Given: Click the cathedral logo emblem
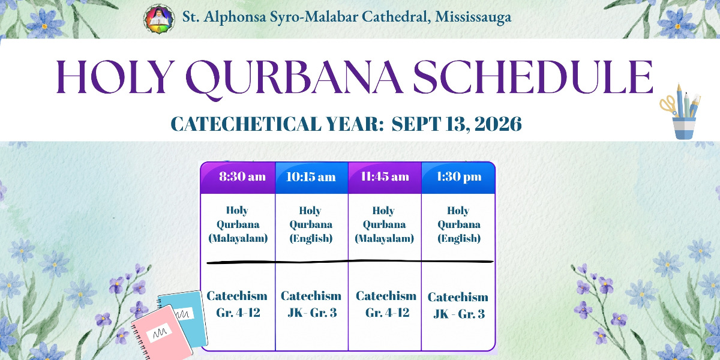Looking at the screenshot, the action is (x=160, y=19).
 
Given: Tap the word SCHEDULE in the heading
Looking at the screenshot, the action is (x=533, y=77).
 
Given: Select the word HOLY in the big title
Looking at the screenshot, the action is (x=114, y=77).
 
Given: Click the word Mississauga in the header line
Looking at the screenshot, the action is (x=473, y=17).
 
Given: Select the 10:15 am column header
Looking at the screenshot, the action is (x=311, y=177).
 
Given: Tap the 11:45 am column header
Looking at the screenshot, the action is (x=385, y=176).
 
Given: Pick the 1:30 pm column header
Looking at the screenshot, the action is (x=458, y=176).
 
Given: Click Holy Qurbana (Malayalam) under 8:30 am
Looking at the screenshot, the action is (x=238, y=224).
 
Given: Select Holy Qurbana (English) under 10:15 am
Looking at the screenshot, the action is (x=311, y=224).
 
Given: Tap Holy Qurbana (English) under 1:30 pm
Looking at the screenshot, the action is (x=458, y=224).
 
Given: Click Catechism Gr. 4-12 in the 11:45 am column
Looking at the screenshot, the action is (x=386, y=304).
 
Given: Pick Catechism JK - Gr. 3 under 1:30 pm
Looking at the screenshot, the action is (x=458, y=305).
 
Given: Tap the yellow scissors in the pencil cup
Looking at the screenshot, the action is (x=668, y=106).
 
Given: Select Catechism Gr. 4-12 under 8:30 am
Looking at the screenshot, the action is (x=237, y=304).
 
